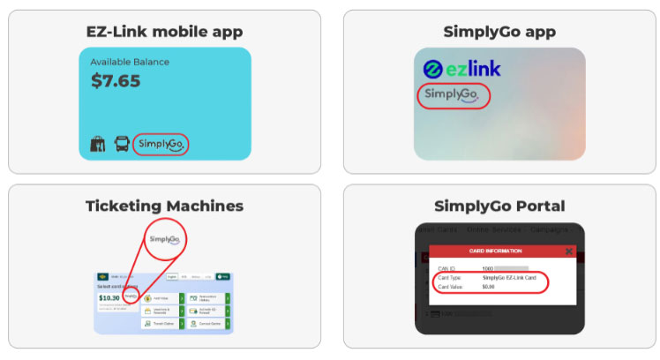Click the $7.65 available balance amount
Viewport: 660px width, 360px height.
coord(116,81)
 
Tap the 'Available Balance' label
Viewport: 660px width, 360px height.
coord(130,62)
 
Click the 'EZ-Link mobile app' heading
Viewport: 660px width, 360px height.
coord(165,33)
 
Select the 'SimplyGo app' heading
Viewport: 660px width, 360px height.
coord(499,33)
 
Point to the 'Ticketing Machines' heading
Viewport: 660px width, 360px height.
coord(164,206)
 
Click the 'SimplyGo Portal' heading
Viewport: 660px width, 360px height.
coord(499,206)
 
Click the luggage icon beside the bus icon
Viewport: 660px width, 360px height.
coord(97,144)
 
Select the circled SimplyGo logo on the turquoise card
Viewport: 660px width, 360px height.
coord(161,144)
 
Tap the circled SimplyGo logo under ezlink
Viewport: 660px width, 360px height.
coord(451,94)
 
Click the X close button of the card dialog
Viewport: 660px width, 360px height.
coord(569,251)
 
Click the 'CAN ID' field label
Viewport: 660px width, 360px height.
coord(448,268)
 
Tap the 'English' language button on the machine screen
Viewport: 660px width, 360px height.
coord(172,276)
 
